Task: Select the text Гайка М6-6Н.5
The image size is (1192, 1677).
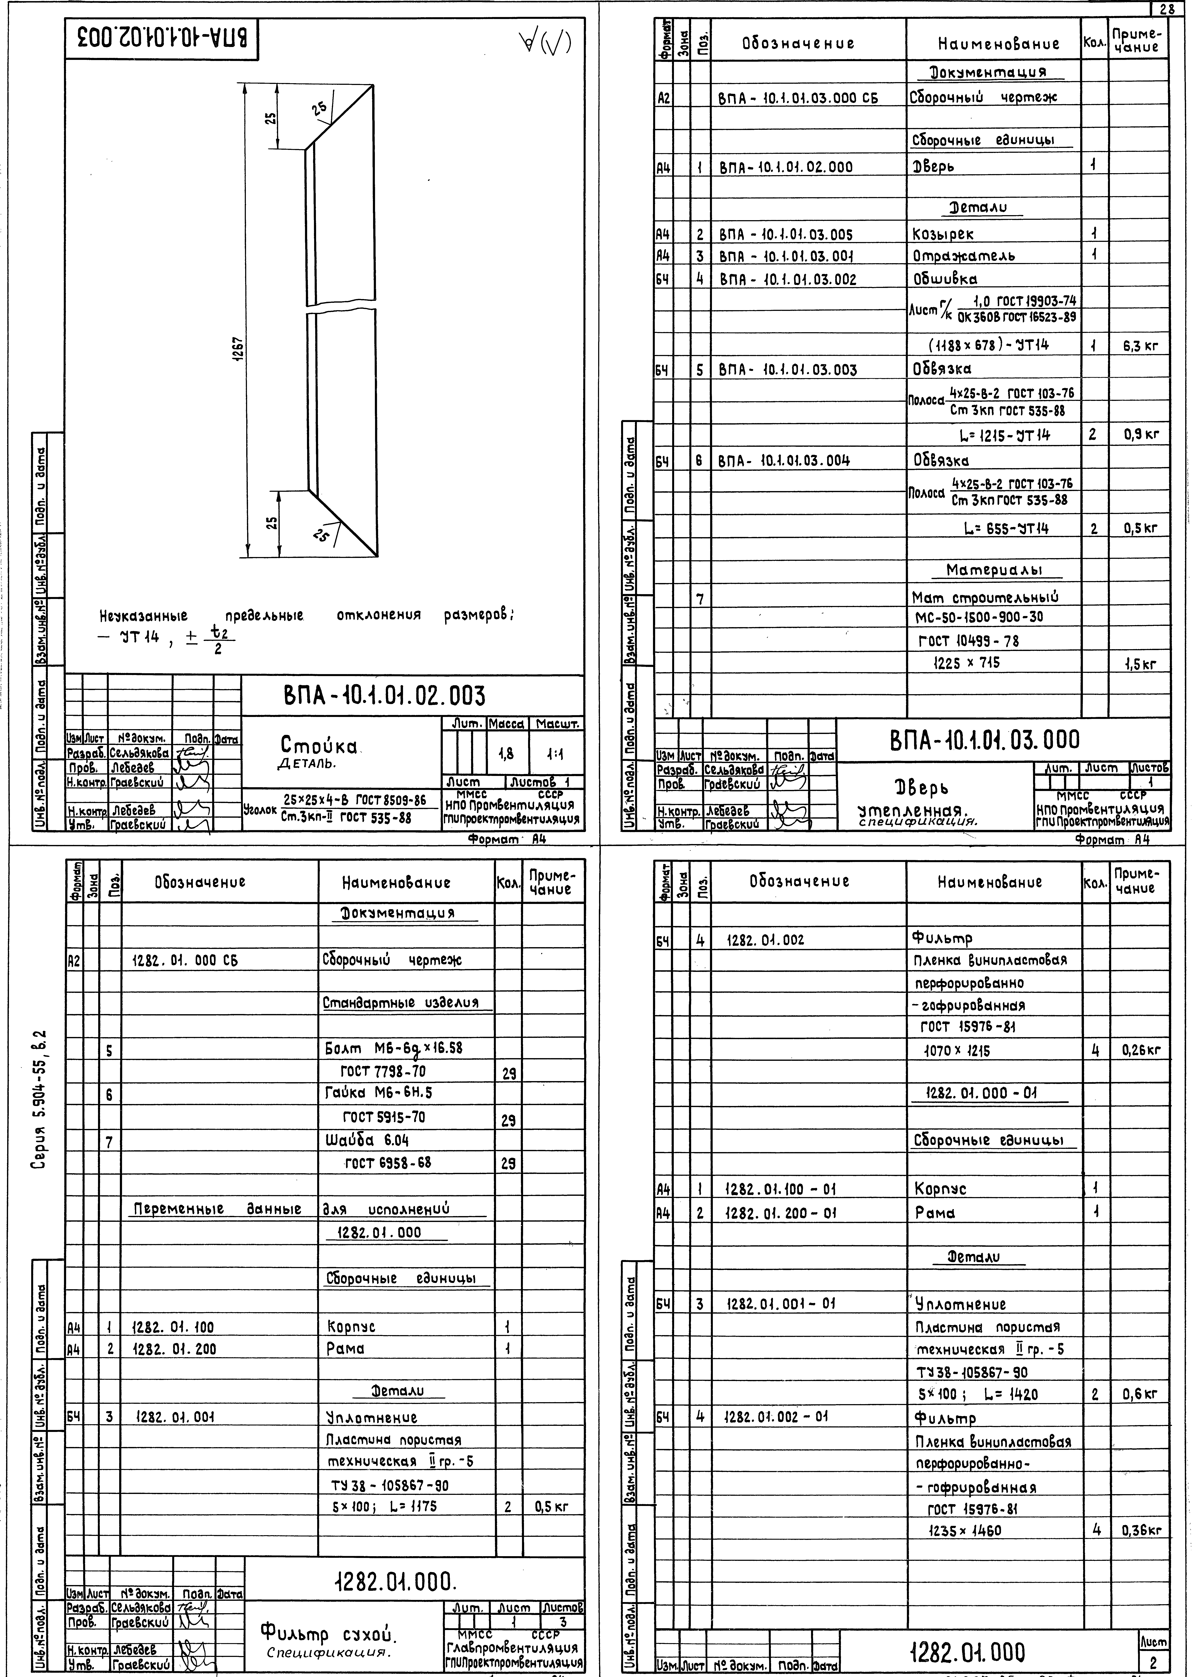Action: tap(379, 1093)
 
